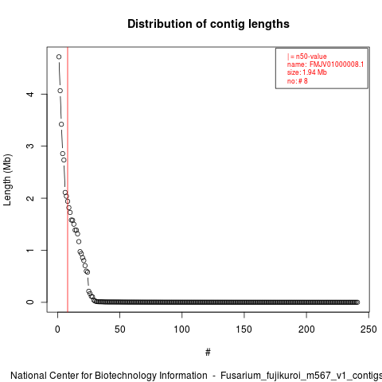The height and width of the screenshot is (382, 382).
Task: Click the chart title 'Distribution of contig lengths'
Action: tap(209, 24)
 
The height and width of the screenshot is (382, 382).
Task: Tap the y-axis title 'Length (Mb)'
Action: tap(8, 180)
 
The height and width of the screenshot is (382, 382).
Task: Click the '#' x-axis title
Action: tap(208, 353)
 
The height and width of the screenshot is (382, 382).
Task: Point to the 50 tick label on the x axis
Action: tap(119, 329)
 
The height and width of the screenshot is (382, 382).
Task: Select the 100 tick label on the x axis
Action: tap(181, 329)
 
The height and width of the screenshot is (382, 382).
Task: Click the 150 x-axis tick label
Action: tap(244, 329)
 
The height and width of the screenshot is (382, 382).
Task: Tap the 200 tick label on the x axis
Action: tap(306, 329)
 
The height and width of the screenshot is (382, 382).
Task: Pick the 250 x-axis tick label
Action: tap(368, 329)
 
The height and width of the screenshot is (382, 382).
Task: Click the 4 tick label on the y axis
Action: tap(30, 94)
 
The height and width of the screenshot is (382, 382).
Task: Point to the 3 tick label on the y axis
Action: tap(30, 146)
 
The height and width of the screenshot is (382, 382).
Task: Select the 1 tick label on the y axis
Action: tap(30, 250)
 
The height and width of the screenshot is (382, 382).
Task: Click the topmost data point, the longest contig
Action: tap(59, 57)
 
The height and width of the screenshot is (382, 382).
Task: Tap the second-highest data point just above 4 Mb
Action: tap(60, 91)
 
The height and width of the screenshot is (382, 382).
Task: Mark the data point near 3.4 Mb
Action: tap(61, 124)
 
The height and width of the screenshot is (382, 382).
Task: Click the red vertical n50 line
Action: tap(68, 180)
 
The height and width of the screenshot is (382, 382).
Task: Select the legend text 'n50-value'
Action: tap(311, 57)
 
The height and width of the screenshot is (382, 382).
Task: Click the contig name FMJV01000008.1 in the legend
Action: tap(337, 64)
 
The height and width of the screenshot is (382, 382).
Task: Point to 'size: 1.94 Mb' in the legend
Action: tap(307, 72)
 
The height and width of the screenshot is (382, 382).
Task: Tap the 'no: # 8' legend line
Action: tap(298, 80)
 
